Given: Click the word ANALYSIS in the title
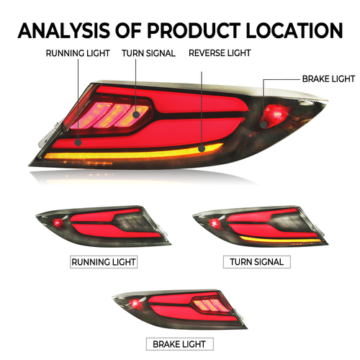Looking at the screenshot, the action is (x=64, y=31).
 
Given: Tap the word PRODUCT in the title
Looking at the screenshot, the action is (x=194, y=31).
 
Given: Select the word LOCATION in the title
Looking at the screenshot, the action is (x=294, y=31).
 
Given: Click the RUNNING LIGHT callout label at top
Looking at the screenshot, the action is (x=78, y=53).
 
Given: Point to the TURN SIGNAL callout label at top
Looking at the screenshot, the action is (x=148, y=53).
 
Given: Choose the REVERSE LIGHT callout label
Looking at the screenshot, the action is (x=220, y=53).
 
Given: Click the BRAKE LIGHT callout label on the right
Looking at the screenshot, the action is (x=328, y=79).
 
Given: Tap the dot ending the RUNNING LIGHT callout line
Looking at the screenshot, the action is (x=78, y=143).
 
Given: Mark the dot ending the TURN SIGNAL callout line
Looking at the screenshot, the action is (x=136, y=114).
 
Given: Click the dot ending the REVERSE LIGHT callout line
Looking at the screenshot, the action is (x=202, y=148).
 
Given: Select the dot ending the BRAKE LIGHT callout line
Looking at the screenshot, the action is (x=264, y=125).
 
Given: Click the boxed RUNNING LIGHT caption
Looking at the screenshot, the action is (x=104, y=262).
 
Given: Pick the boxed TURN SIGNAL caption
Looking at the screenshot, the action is (x=257, y=262).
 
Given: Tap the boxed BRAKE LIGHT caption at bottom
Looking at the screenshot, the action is (x=180, y=344).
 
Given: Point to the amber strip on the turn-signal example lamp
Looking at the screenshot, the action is (x=280, y=239).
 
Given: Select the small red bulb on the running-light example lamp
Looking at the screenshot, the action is (x=58, y=222).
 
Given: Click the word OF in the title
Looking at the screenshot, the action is (x=129, y=31).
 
